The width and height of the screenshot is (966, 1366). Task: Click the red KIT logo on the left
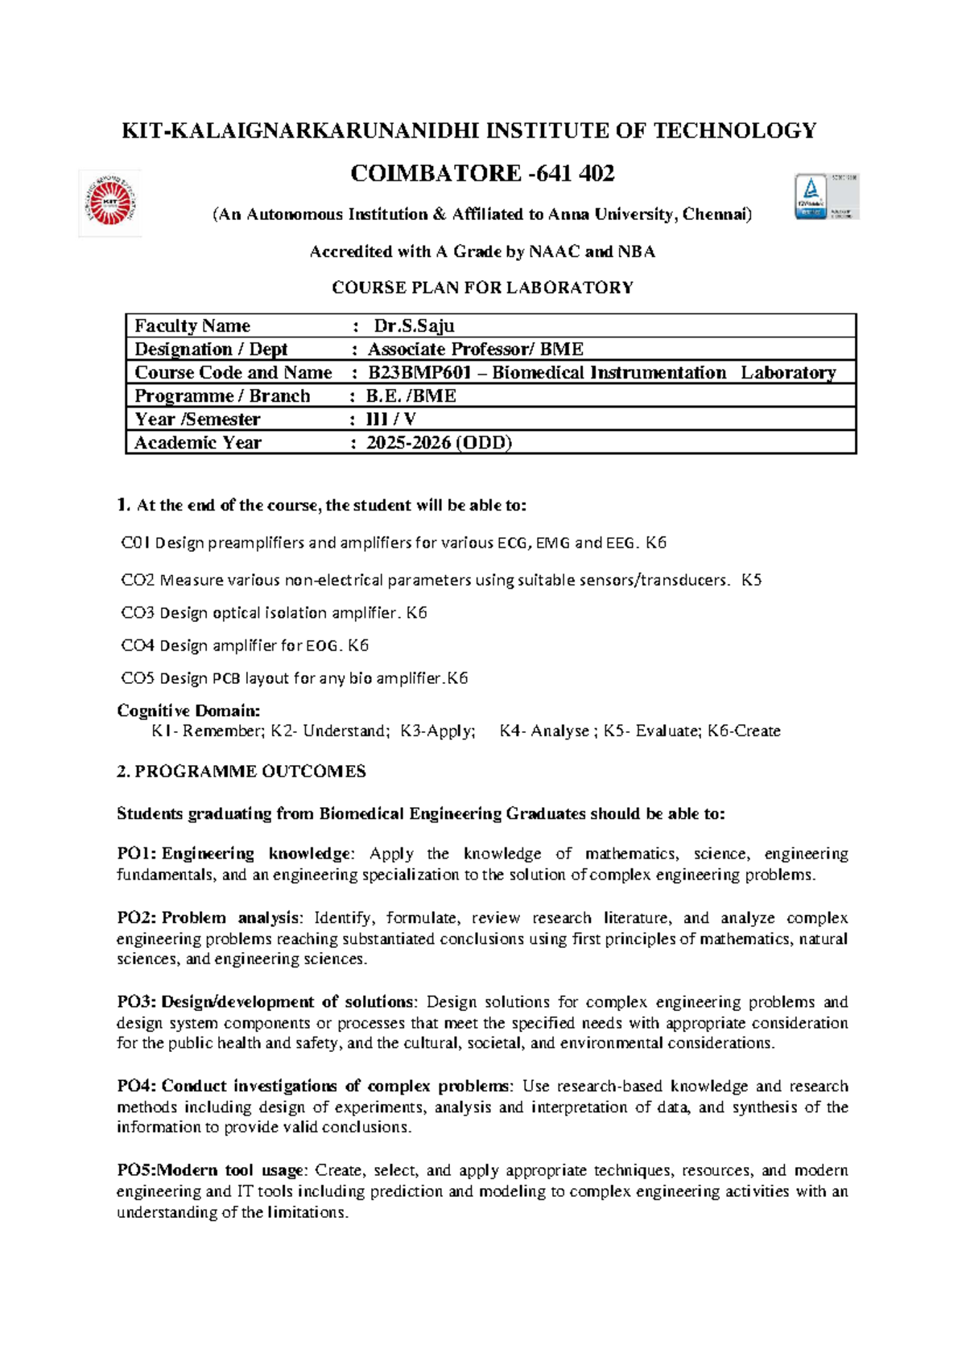click(x=110, y=203)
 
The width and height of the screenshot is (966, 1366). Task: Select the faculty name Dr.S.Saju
click(x=414, y=326)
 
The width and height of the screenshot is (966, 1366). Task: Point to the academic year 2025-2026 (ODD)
click(x=439, y=443)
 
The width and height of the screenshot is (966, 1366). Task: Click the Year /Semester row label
click(x=197, y=420)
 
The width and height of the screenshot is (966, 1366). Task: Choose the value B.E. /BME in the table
click(x=411, y=396)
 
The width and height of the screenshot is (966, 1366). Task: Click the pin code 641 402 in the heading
click(x=583, y=173)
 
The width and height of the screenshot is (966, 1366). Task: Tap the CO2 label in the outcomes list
click(x=137, y=580)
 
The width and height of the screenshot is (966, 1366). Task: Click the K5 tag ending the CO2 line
click(x=751, y=580)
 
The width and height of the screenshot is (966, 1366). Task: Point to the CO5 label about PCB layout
click(x=137, y=678)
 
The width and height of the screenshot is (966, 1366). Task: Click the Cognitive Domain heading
click(x=188, y=710)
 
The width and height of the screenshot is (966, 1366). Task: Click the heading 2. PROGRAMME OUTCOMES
click(x=242, y=772)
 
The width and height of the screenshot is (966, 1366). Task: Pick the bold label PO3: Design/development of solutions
click(x=266, y=1002)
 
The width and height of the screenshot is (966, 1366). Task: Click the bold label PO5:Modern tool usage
click(x=211, y=1170)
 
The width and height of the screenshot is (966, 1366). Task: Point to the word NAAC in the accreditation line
click(x=554, y=252)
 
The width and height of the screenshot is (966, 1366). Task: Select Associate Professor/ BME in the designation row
click(x=475, y=350)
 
